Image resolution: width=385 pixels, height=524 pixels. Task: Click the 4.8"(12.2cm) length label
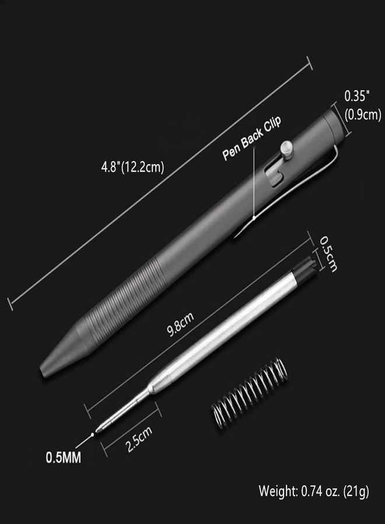132,167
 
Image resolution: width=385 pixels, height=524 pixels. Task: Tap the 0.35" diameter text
357,97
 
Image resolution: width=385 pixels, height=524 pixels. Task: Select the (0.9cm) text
363,115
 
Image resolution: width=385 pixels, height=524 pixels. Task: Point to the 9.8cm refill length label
180,324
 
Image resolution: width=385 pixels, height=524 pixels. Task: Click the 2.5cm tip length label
139,439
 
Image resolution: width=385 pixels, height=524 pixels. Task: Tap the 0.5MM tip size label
63,458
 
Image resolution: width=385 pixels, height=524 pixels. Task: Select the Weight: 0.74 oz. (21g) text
314,491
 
